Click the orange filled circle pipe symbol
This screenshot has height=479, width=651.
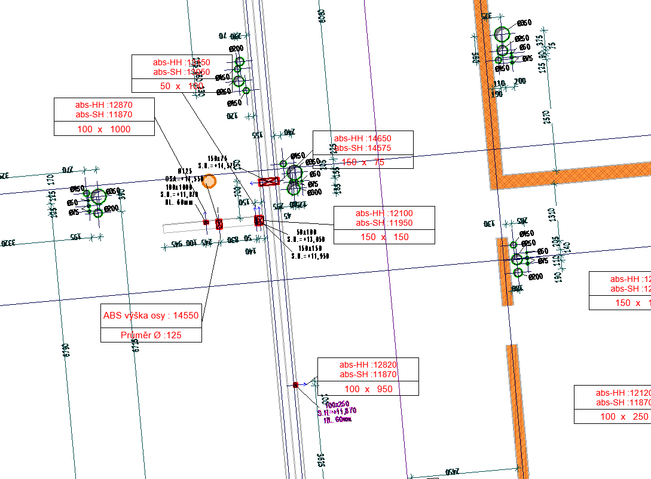[x=209, y=181]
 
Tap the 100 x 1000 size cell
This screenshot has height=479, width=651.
[x=104, y=129]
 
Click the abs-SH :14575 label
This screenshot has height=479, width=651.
[x=363, y=148]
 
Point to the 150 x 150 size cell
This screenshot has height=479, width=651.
[x=384, y=237]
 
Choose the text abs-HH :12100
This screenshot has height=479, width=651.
[x=384, y=213]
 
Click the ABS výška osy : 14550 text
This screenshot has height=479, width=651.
[x=151, y=316]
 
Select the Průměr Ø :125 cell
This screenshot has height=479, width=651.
[x=151, y=335]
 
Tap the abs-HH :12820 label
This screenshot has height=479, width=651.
[x=368, y=365]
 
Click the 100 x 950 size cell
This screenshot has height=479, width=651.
[x=368, y=389]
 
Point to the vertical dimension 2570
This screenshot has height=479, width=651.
[x=546, y=117]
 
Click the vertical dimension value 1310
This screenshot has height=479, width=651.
[x=552, y=215]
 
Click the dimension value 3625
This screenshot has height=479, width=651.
[x=321, y=460]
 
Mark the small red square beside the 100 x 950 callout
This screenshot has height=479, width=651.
[x=295, y=384]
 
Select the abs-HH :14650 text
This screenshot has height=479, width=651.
[x=363, y=138]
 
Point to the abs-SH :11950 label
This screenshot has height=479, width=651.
[x=384, y=223]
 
